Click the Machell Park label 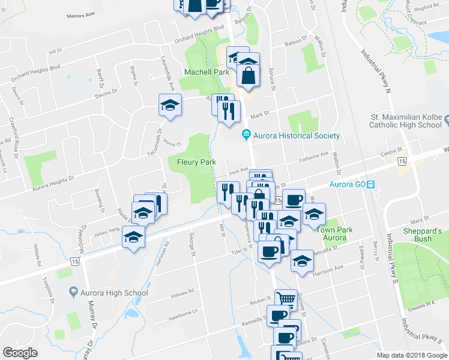[206, 72]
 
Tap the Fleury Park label [196, 162]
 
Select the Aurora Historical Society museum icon [246, 135]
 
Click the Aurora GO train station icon [372, 184]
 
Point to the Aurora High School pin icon [74, 292]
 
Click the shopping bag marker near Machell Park [248, 76]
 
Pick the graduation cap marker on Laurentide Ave [170, 106]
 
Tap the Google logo [20, 353]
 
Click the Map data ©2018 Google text [412, 355]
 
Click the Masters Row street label [82, 14]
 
